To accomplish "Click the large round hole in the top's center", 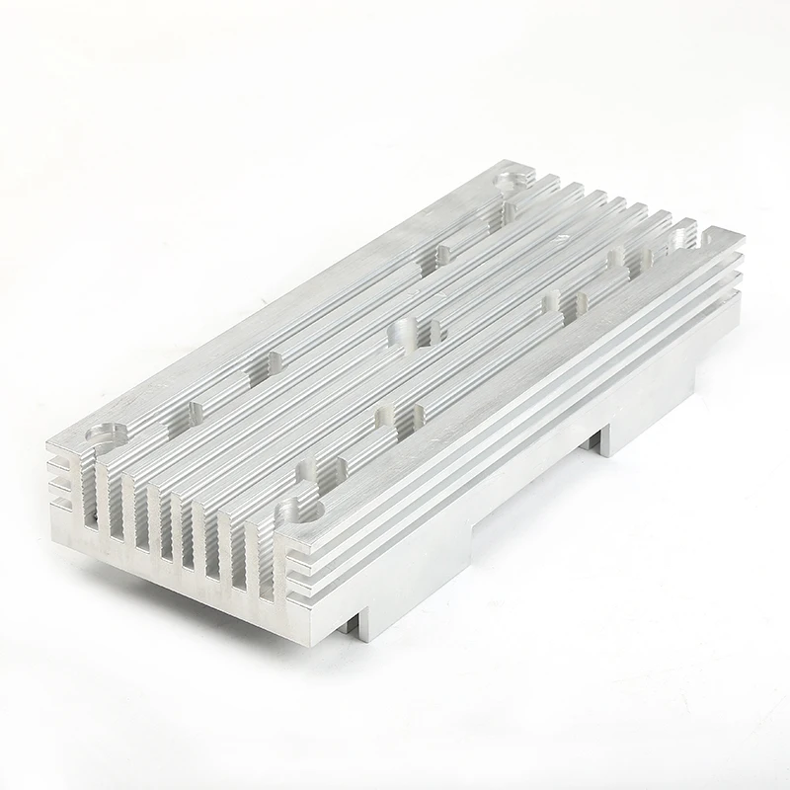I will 406,331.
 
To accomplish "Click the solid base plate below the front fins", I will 178,568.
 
